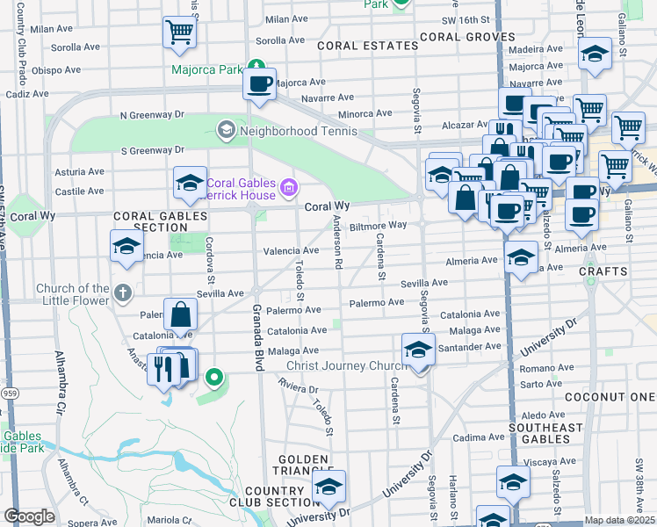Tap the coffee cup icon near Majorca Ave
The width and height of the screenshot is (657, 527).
click(x=259, y=84)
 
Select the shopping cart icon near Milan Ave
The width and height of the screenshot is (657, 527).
click(x=179, y=32)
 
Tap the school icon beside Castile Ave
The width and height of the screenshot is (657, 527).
click(x=190, y=184)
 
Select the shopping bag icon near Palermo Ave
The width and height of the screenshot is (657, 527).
click(x=181, y=315)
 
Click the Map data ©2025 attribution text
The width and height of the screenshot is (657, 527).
click(x=620, y=520)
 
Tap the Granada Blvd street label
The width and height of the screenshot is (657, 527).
click(x=258, y=336)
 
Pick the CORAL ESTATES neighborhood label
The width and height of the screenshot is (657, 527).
click(x=367, y=46)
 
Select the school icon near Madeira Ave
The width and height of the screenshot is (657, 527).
click(x=595, y=54)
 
